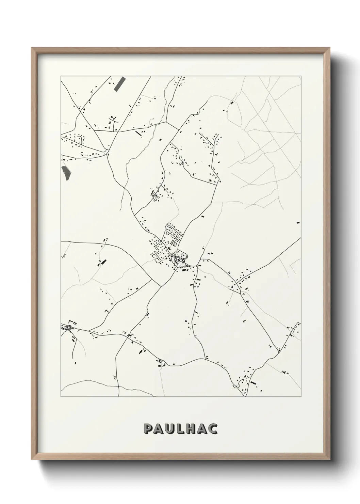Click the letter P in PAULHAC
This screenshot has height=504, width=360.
pos(148,429)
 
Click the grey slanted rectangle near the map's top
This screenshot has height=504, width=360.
pos(119,83)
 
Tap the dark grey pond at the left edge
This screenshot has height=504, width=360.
pos(66,172)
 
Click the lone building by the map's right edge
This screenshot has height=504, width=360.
pos(298,222)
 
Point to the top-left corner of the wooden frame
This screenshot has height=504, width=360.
pos(32,48)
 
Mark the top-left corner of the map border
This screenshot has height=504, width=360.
pos(61,76)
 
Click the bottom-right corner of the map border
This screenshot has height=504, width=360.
pos(301,397)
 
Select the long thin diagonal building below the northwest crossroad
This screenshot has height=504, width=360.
pos(138,133)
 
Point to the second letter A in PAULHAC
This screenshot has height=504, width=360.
pos(203,429)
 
